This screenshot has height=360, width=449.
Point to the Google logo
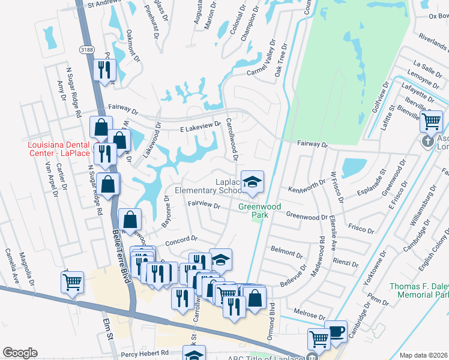pos(20,353)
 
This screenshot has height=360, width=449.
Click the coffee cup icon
pos(336,331)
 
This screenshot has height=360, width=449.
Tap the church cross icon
pos(427,142)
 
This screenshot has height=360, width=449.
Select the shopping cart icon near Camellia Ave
pos(73,281)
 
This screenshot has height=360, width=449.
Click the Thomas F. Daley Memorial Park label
pos(419,290)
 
